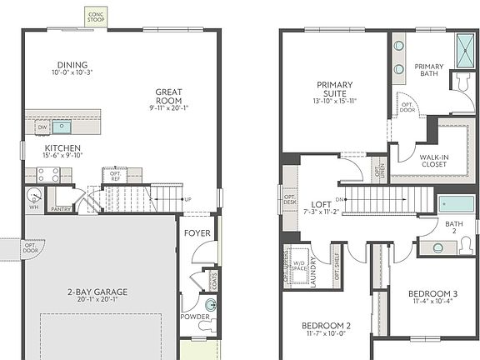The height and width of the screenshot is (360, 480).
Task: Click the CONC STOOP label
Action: [x=97, y=15]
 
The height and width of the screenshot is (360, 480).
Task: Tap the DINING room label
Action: [x=72, y=65]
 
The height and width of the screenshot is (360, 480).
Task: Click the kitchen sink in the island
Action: [x=62, y=127]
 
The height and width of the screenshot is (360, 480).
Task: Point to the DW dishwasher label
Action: [x=42, y=127]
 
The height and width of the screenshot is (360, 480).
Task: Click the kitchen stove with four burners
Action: [x=48, y=175]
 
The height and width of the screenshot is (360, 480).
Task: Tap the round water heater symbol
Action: [x=33, y=197]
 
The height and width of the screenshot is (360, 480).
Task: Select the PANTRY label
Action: [x=60, y=209]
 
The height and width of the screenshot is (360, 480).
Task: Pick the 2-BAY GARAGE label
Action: [x=97, y=292]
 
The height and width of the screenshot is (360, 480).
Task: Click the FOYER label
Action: [x=197, y=234]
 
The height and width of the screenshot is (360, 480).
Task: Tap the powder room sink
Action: [x=210, y=307]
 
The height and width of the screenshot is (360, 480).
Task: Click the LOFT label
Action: [x=322, y=203]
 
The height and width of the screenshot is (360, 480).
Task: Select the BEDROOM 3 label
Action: [x=432, y=294]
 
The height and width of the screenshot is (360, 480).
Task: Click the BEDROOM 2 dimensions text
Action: [x=326, y=333]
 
